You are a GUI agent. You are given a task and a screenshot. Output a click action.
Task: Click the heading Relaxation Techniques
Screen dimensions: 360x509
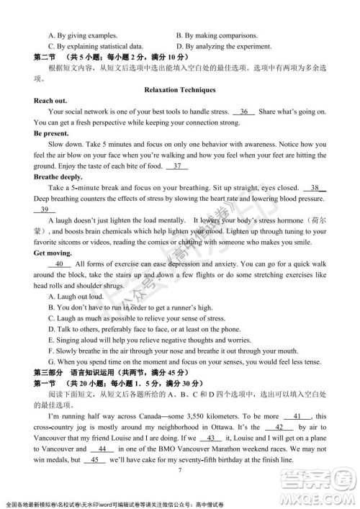[179, 90]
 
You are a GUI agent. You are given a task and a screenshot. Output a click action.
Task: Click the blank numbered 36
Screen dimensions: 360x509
[244, 112]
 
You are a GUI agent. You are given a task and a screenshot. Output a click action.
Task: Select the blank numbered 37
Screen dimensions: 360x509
[176, 167]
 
